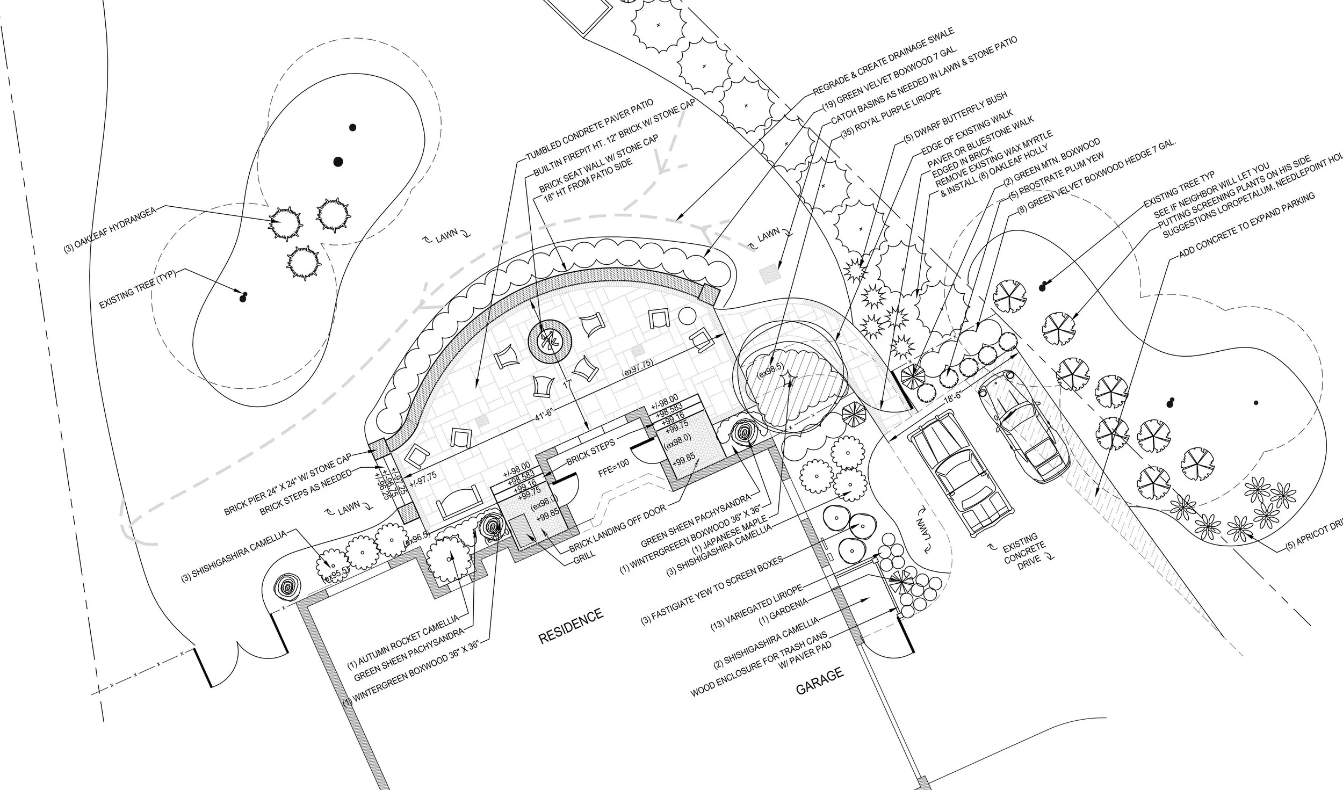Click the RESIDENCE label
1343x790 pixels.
click(571, 626)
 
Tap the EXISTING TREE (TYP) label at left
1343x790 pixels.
click(138, 289)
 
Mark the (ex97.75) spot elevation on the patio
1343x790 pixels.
click(638, 371)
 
